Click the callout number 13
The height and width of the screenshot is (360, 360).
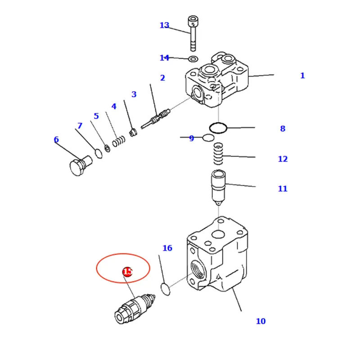point(164,26)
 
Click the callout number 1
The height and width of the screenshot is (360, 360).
point(302,76)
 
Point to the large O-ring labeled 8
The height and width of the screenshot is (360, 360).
point(219,128)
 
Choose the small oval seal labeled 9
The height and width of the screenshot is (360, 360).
point(208,138)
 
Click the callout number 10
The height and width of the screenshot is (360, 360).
point(261,321)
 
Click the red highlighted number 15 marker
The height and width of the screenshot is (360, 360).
point(127,272)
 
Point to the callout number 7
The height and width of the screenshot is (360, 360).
point(80,126)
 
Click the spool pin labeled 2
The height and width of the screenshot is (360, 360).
point(156,120)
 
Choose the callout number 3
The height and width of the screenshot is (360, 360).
point(134,94)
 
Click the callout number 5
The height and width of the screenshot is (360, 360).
point(96,117)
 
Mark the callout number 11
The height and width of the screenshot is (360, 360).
point(282,189)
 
